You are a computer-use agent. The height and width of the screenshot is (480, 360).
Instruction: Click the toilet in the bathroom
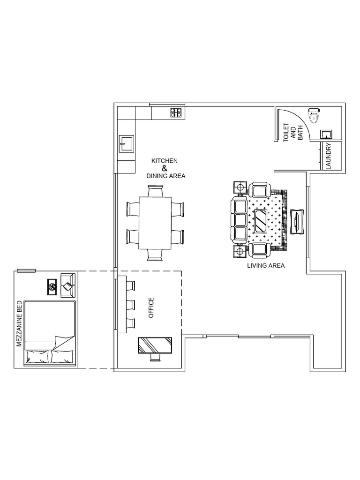(x=314, y=114)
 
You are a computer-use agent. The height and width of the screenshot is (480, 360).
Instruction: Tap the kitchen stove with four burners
(x=176, y=112)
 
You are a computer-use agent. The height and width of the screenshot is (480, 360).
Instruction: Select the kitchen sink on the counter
(x=127, y=144)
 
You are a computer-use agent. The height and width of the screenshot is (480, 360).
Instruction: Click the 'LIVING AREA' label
(x=266, y=265)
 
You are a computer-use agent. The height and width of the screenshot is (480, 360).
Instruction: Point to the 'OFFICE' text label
(x=151, y=307)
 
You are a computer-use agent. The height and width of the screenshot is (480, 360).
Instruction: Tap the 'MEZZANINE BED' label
(x=20, y=323)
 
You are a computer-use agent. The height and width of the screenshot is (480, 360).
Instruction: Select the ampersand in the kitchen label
(x=164, y=168)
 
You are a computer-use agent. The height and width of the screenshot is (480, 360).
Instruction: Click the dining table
(x=155, y=223)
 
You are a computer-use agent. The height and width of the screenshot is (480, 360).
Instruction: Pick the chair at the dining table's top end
(x=155, y=191)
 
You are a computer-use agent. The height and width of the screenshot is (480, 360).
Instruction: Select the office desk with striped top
(x=155, y=345)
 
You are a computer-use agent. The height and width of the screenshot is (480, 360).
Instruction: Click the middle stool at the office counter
(x=130, y=304)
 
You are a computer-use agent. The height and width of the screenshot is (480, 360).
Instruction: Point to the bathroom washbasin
(x=326, y=134)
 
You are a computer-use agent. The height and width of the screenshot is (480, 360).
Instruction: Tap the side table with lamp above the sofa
(x=240, y=187)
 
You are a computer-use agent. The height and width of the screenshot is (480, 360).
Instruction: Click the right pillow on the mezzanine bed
(x=62, y=356)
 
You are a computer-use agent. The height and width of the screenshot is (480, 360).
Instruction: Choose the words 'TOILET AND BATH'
(x=293, y=133)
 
